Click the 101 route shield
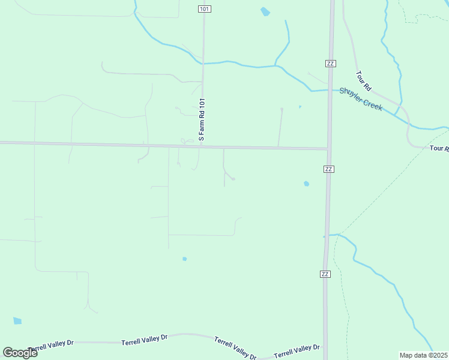[x=204, y=9]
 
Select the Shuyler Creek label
[x=361, y=99]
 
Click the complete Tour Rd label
[x=364, y=81]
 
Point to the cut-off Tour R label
[x=439, y=148]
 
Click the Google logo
[x=20, y=352]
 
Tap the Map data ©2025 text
[x=423, y=355]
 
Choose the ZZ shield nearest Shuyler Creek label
[x=330, y=63]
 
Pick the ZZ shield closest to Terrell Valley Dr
[x=325, y=274]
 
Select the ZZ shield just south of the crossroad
[x=328, y=169]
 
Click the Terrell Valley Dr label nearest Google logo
[x=50, y=346]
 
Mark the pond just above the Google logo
[x=17, y=321]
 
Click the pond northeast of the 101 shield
[x=265, y=11]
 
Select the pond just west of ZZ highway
[x=306, y=184]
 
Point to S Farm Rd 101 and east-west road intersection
[x=202, y=146]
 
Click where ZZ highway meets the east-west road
[x=329, y=148]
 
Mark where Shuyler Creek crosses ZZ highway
[x=330, y=90]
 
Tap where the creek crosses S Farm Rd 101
[x=203, y=63]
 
